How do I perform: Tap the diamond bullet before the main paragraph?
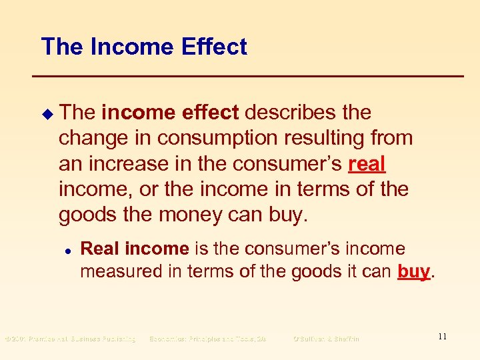pyautogui.click(x=45, y=113)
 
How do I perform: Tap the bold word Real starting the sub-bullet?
pyautogui.click(x=100, y=249)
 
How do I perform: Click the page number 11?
pyautogui.click(x=442, y=337)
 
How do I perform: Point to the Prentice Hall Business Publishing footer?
pyautogui.click(x=70, y=339)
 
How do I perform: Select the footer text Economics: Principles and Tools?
pyautogui.click(x=207, y=339)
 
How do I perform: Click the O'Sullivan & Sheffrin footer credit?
pyautogui.click(x=326, y=339)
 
